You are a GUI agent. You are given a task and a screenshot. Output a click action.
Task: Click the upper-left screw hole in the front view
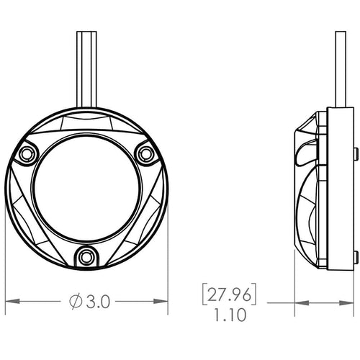click(26, 153)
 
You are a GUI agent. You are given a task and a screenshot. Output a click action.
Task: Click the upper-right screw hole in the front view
click(145, 153)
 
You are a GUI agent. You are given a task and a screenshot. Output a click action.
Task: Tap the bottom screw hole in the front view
click(86, 257)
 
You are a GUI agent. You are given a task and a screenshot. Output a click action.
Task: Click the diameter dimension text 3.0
click(98, 302)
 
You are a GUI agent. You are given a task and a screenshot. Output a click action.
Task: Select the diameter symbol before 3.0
click(76, 302)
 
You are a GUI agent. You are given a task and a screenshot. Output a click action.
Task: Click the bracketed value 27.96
click(229, 294)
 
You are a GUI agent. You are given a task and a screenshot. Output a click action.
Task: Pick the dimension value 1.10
click(230, 315)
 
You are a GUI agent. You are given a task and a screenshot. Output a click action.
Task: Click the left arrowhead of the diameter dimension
click(12, 301)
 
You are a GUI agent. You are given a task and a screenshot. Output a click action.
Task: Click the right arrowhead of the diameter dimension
click(161, 301)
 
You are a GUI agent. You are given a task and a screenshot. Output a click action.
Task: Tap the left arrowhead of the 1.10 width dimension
click(302, 303)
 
